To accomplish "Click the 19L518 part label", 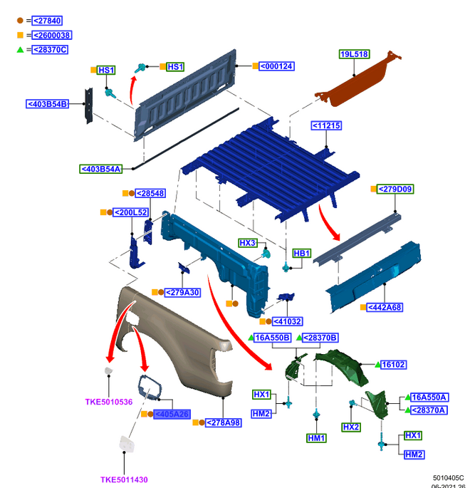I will click(x=354, y=54).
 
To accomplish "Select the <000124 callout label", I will click(x=276, y=66).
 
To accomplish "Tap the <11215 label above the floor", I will click(x=326, y=126).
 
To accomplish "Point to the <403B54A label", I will click(x=101, y=169).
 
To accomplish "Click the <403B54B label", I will click(x=48, y=104).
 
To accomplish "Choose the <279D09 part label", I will click(x=397, y=189).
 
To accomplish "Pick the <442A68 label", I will click(x=385, y=307).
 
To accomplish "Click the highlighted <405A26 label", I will click(x=172, y=414).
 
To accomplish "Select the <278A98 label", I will click(x=224, y=422).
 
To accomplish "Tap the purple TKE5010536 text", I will click(x=109, y=402).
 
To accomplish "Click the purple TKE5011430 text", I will click(x=124, y=479).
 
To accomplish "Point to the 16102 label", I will click(x=393, y=364).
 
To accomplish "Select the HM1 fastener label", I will click(x=316, y=438).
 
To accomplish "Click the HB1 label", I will click(x=302, y=253).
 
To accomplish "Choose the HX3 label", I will click(x=247, y=243).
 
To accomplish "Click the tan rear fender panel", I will click(x=178, y=335).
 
